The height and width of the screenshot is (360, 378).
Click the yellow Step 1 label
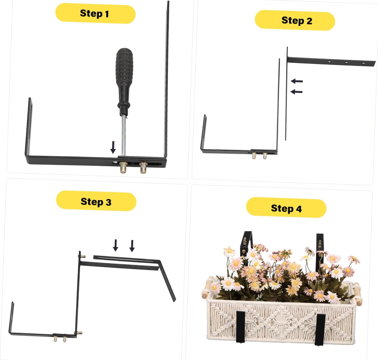tap(95, 14)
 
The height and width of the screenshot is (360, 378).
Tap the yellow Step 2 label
tap(295, 20)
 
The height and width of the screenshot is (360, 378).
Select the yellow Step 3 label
tap(96, 201)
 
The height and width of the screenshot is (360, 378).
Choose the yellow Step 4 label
tap(286, 208)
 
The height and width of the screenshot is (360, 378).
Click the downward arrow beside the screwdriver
tap(113, 147)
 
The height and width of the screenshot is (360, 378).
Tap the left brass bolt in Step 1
tap(123, 168)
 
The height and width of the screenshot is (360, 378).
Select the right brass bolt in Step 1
tap(143, 168)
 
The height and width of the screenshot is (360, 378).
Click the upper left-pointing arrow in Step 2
tap(297, 81)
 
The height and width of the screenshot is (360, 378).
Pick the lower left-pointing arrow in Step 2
tap(297, 92)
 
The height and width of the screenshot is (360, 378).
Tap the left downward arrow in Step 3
tap(115, 245)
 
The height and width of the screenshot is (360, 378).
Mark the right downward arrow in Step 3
tap(132, 246)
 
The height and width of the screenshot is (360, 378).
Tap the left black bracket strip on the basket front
tap(240, 326)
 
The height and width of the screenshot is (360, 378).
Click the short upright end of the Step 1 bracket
tap(29, 126)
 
